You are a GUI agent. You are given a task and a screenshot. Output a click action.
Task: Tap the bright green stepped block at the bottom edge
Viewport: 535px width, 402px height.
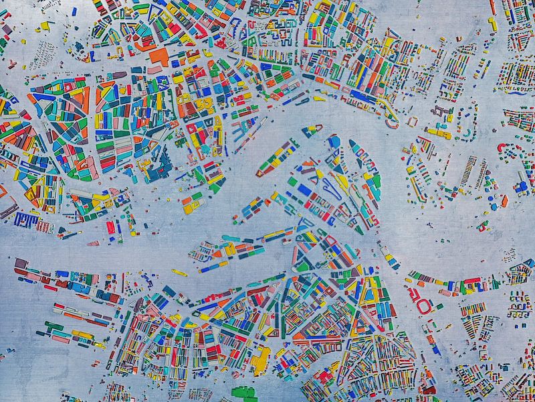(x=243, y=393)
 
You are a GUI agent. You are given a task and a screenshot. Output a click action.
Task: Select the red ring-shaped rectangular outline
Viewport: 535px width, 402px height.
(x=424, y=306)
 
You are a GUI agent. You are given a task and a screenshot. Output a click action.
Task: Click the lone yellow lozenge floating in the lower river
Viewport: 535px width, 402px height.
(x=179, y=273)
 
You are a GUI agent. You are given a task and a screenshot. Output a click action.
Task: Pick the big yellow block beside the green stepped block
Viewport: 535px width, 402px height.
(x=260, y=361)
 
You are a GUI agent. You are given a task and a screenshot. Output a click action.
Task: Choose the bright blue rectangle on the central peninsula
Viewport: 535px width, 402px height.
(x=304, y=190)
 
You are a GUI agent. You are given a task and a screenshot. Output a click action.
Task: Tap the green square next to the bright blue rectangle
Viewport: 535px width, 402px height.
(x=292, y=181)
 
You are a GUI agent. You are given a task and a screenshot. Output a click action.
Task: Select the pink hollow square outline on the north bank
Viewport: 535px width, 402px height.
(x=412, y=121)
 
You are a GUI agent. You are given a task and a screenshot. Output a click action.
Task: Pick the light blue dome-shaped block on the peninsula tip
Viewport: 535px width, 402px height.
(x=334, y=141)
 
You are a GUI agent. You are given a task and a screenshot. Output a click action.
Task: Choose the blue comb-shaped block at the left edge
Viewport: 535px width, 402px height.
(x=27, y=219)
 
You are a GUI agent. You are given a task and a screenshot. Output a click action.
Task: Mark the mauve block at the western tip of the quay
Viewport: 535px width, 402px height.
(x=19, y=263)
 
